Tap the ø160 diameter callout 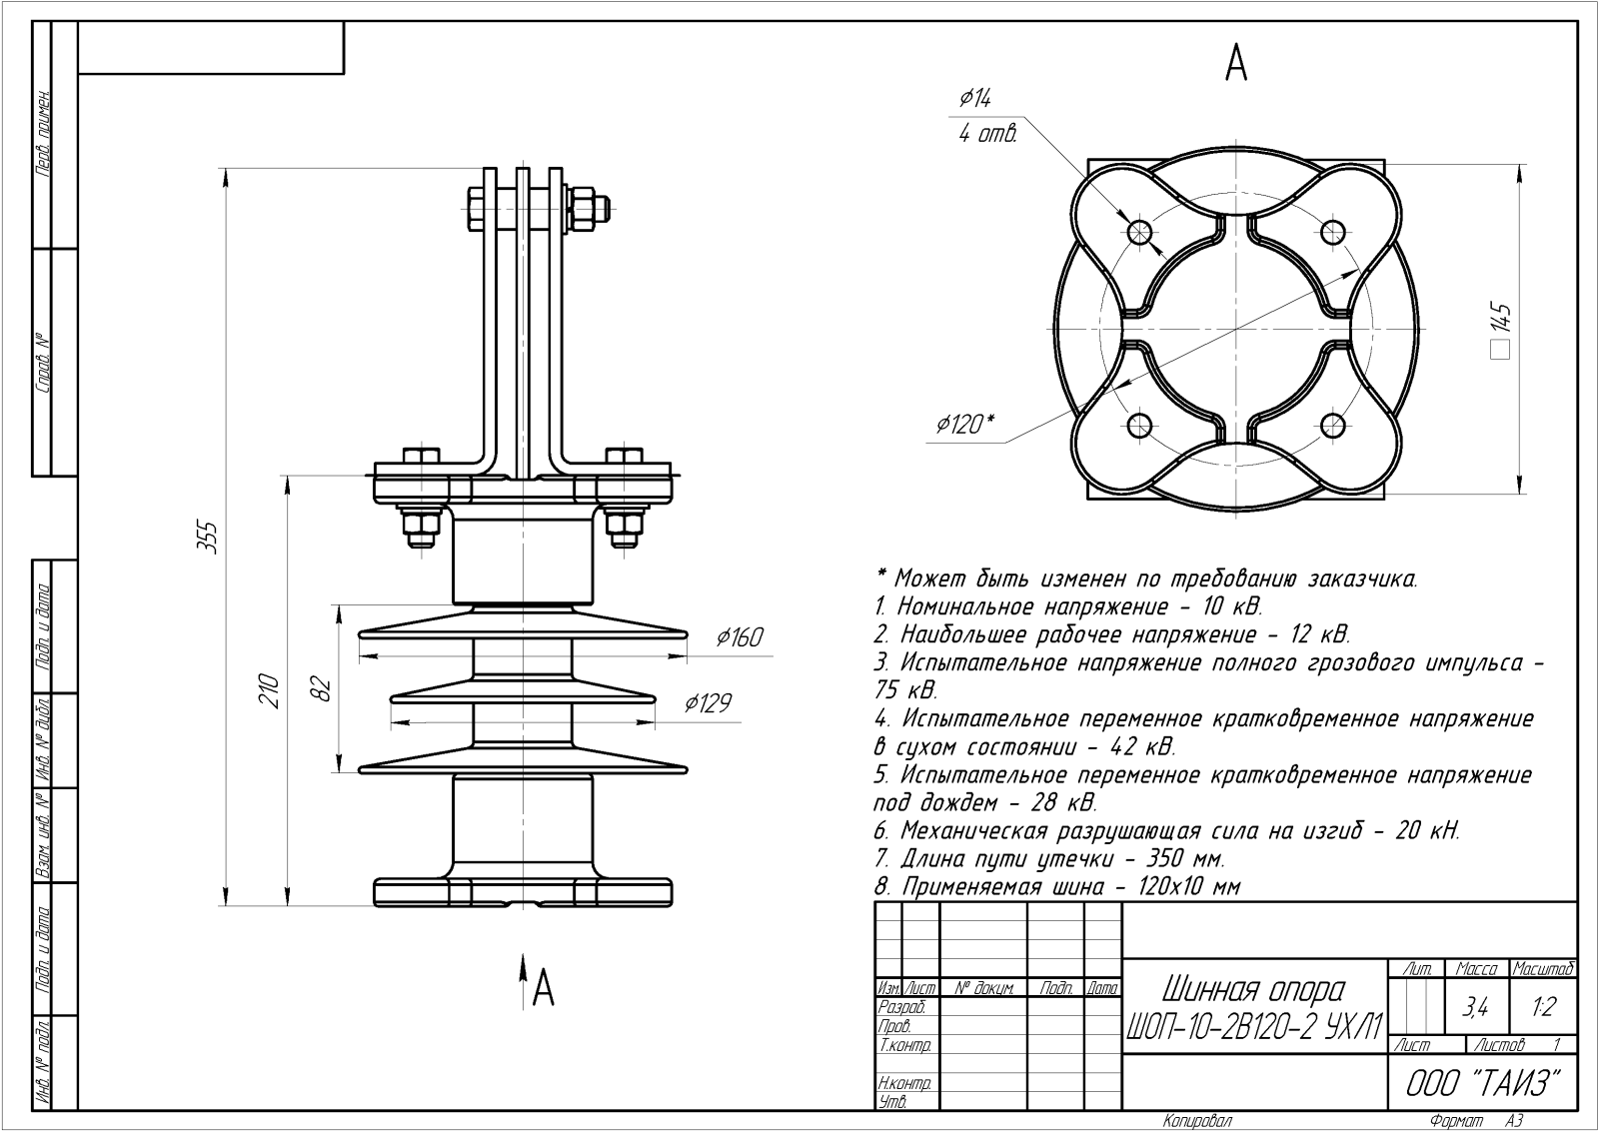pos(740,637)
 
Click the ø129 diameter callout pos(708,703)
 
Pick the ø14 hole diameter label pos(974,98)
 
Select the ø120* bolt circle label pos(964,425)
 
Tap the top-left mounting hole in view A pos(1139,233)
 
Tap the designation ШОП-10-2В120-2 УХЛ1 pos(1254,1025)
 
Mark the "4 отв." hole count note pos(987,135)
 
